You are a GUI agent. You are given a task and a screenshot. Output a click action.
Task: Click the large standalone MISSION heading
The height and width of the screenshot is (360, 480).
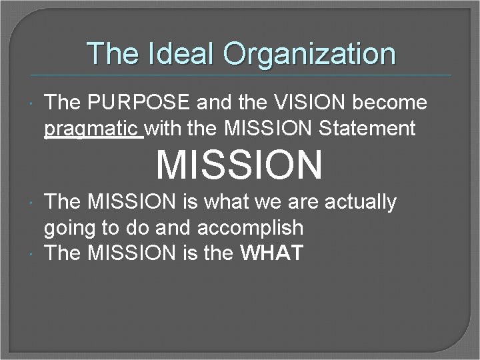(x=239, y=165)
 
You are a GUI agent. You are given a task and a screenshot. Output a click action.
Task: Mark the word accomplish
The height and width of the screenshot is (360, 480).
(x=251, y=227)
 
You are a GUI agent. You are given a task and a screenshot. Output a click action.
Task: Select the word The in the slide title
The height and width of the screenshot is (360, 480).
(x=110, y=53)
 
